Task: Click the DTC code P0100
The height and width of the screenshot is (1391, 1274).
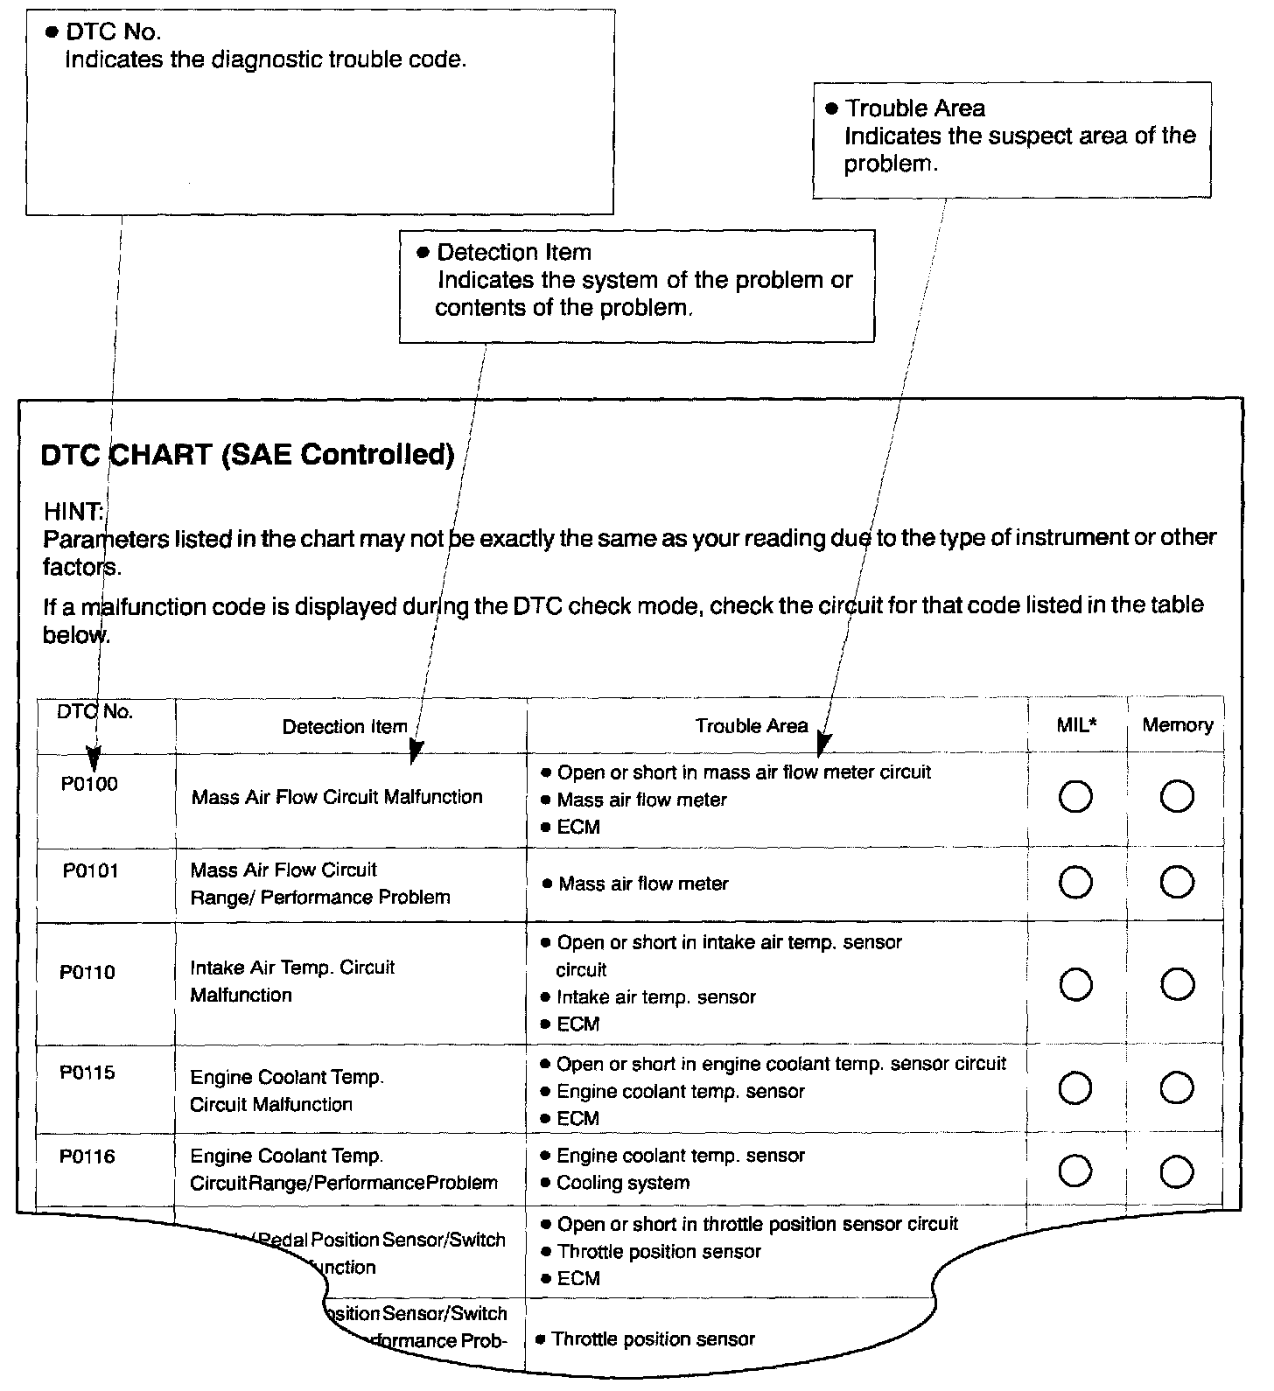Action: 89,784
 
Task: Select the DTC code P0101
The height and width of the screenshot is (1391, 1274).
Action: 90,871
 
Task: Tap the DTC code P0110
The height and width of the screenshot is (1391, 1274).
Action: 87,972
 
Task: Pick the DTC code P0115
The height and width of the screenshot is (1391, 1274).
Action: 87,1073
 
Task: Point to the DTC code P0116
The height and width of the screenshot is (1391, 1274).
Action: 87,1157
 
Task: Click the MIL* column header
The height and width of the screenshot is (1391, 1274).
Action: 1076,725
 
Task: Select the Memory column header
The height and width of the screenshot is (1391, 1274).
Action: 1177,725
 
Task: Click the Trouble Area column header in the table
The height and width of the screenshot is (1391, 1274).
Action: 751,726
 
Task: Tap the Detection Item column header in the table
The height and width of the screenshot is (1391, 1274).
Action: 345,727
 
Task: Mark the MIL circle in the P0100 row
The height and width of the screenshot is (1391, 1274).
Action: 1075,797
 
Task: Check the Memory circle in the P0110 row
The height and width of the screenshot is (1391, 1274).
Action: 1177,985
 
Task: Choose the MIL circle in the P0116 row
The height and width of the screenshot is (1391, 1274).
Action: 1075,1171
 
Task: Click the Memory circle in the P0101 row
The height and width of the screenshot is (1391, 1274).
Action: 1177,883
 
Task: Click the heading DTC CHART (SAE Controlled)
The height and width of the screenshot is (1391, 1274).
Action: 248,455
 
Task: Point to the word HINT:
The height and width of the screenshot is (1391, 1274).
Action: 73,511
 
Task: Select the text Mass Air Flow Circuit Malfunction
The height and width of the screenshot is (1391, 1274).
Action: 337,797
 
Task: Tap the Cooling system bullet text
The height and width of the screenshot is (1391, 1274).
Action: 623,1183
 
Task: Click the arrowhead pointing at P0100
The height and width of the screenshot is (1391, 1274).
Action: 94,756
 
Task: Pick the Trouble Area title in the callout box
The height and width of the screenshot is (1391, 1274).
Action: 914,108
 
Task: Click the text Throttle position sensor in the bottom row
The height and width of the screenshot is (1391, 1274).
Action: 653,1339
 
